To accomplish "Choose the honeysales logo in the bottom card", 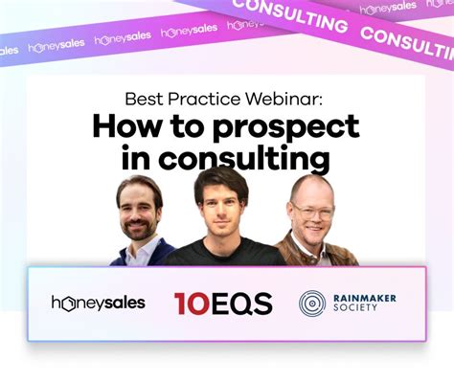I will pyautogui.click(x=98, y=303).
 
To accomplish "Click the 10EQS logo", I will pyautogui.click(x=223, y=303).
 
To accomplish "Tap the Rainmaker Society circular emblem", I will pyautogui.click(x=312, y=303).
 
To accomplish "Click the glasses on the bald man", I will pyautogui.click(x=313, y=206).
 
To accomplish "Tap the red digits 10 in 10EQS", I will pyautogui.click(x=187, y=303).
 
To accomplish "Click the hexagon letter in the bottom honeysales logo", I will pyautogui.click(x=68, y=303).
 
